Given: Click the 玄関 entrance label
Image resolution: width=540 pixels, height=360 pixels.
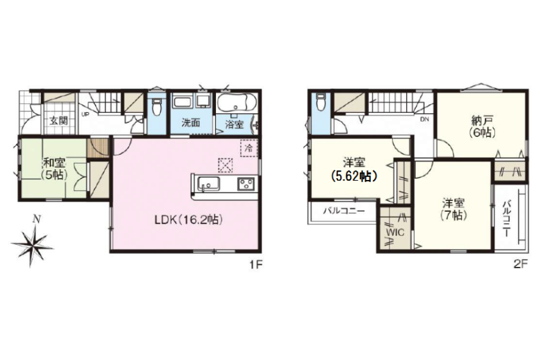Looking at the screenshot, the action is [59, 121].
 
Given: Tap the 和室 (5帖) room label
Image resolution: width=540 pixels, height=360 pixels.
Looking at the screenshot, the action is [55, 168].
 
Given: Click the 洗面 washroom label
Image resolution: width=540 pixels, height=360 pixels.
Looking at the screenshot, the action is [191, 122].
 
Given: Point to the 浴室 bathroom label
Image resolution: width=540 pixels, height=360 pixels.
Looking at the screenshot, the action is [234, 124].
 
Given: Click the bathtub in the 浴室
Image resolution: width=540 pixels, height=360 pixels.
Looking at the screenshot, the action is [236, 103].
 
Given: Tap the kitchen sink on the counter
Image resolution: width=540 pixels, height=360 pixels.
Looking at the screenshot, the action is [208, 184].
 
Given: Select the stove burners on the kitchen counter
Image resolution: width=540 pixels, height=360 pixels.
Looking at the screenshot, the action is [246, 184].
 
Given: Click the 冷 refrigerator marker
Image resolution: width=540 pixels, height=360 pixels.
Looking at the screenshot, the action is [248, 149].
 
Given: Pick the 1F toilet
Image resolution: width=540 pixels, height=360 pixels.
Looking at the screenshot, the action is [157, 107].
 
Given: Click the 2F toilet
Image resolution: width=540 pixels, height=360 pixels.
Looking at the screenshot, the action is [320, 101].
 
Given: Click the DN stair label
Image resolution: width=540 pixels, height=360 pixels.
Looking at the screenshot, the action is [424, 119].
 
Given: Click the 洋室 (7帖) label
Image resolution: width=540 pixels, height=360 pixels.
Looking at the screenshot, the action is [454, 209].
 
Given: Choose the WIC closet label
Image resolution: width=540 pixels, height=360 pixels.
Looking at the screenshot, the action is [395, 233].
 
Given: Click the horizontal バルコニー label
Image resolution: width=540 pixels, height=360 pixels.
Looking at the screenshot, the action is [343, 211].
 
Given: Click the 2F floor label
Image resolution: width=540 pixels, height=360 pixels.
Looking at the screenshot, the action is [520, 265].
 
